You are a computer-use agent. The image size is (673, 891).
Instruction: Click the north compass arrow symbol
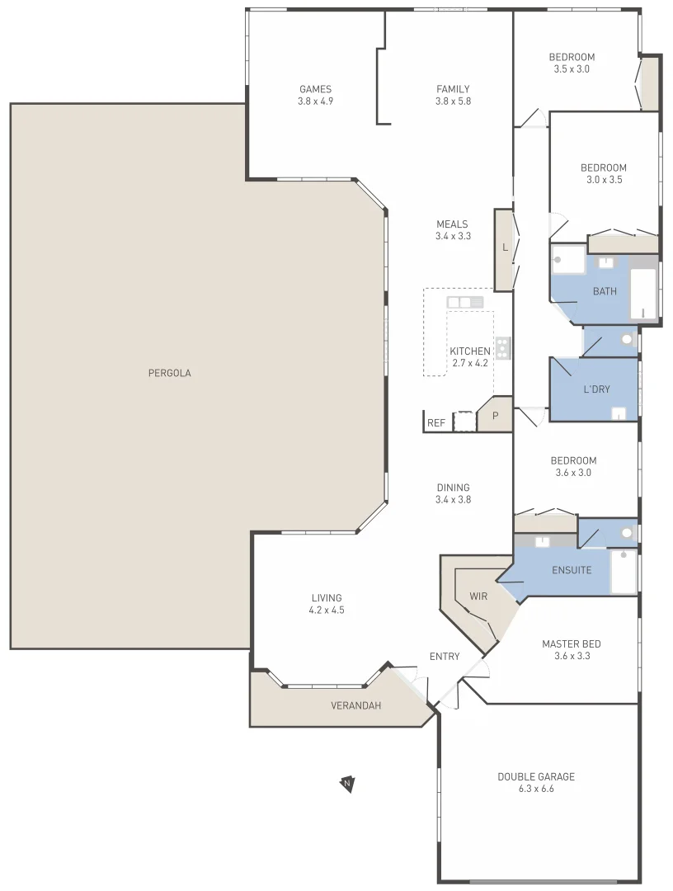[x=347, y=783]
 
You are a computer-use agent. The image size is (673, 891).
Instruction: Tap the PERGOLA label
[x=169, y=373]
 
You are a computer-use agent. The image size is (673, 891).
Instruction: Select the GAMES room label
[x=315, y=89]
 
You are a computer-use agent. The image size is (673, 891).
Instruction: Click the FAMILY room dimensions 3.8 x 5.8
[x=453, y=101]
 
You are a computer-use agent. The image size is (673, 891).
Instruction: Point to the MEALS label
[x=452, y=224]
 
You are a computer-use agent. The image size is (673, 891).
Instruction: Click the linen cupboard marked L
[x=504, y=247]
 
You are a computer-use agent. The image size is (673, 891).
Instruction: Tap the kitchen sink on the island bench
[x=464, y=302]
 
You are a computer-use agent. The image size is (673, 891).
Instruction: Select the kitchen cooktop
[x=502, y=347]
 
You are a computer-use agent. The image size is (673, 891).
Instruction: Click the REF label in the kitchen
[x=436, y=423]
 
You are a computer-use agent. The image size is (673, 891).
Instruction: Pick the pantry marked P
[x=496, y=416]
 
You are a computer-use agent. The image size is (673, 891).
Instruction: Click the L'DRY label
[x=596, y=389]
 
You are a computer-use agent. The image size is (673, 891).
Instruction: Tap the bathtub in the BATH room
[x=643, y=294]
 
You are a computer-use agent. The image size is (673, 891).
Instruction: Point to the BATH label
[x=605, y=291]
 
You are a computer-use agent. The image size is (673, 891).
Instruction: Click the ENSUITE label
[x=572, y=570]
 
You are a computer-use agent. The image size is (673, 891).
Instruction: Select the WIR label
[x=478, y=596]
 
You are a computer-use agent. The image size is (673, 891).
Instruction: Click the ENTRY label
[x=445, y=657]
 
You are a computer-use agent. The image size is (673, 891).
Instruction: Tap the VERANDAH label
[x=355, y=705]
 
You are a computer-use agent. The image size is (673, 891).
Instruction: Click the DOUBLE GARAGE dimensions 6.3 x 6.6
[x=536, y=789]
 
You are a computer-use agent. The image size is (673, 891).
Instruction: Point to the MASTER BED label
[x=571, y=643]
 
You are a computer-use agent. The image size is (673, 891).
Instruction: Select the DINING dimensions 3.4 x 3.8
[x=453, y=499]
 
